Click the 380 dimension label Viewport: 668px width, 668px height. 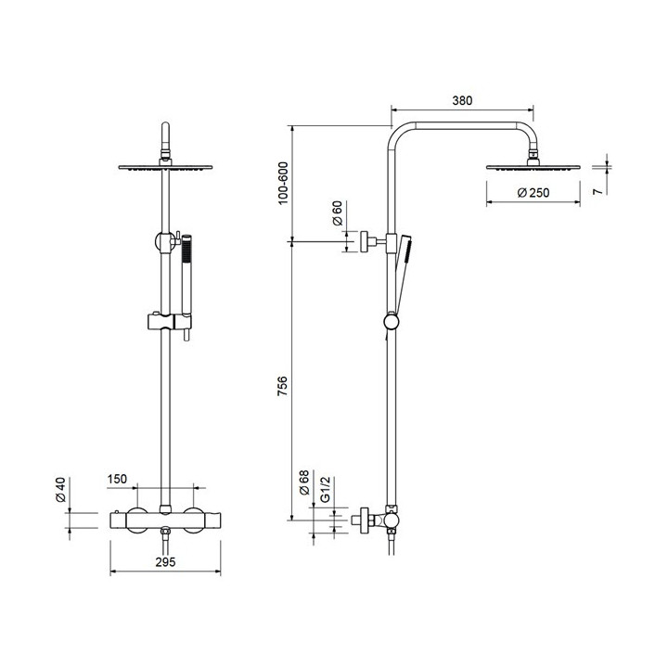(x=462, y=100)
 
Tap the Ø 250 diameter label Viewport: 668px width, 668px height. (x=533, y=193)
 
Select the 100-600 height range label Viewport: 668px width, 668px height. (x=283, y=183)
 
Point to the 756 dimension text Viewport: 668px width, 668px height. (x=282, y=386)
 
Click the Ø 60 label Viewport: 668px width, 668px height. (x=337, y=213)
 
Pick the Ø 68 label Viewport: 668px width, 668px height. (x=303, y=482)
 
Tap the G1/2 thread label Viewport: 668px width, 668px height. (x=325, y=490)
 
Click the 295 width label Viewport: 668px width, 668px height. (x=165, y=562)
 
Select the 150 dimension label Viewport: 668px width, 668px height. (x=117, y=479)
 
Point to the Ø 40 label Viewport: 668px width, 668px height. (x=61, y=490)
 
